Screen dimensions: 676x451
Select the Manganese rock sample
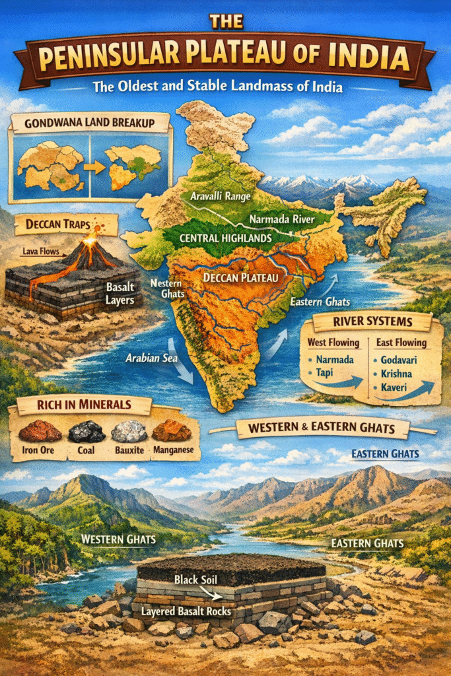(171, 430)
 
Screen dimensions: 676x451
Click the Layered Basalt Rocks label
(187, 611)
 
